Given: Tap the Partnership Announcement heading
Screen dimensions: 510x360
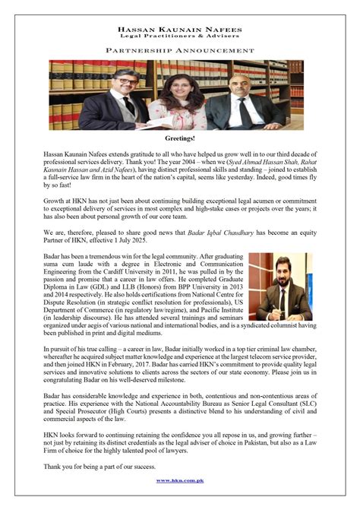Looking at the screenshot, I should [180, 50].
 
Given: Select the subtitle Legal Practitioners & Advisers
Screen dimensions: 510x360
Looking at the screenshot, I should [180, 36].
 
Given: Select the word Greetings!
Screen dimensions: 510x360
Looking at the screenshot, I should [180, 141].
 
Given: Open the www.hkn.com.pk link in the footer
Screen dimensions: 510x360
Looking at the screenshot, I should [180, 481].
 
